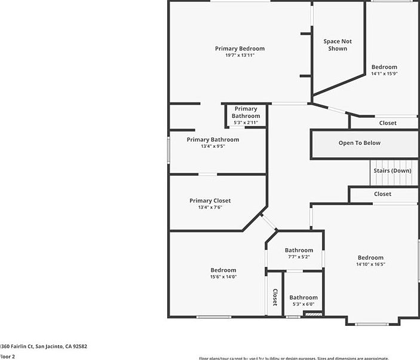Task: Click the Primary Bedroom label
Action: coord(240,48)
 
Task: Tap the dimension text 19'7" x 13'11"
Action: coord(240,56)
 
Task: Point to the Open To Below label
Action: coord(359,143)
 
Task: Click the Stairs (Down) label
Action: coord(393,170)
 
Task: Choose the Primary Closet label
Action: coord(210,201)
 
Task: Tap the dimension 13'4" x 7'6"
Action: coord(210,208)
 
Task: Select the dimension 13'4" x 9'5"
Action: coord(212,146)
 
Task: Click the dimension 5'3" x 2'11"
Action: coord(246,123)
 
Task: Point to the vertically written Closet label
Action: coord(275,297)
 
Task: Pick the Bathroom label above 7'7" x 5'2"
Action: coord(299,250)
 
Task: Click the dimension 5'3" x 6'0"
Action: coord(303,304)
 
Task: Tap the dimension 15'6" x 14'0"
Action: coord(223,277)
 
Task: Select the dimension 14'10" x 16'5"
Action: coord(370,264)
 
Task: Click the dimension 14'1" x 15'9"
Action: coord(384,74)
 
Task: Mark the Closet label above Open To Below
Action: coord(388,123)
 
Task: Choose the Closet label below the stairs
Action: coord(382,194)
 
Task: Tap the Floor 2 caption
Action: coord(7,356)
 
